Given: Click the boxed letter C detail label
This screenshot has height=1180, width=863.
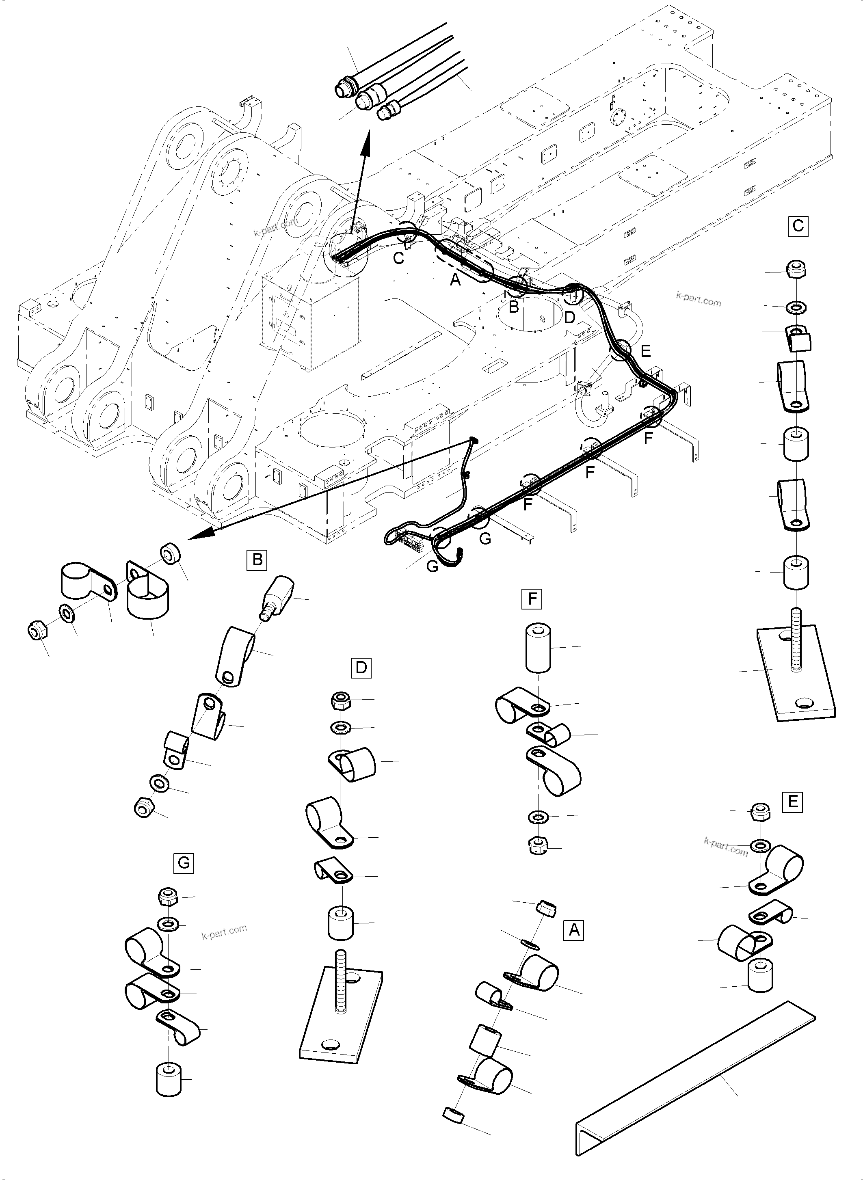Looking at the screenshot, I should click(x=798, y=226).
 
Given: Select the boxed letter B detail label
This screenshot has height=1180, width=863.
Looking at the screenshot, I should click(x=257, y=560).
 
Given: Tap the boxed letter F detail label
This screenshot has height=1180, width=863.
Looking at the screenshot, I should click(x=532, y=599).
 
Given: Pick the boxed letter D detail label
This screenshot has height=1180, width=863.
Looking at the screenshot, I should click(x=361, y=668).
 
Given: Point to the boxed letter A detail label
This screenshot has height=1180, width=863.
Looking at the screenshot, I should click(x=574, y=930).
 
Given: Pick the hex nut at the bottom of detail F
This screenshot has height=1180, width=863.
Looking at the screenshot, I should click(x=538, y=845).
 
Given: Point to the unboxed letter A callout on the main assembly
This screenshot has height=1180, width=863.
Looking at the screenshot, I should click(x=456, y=280).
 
